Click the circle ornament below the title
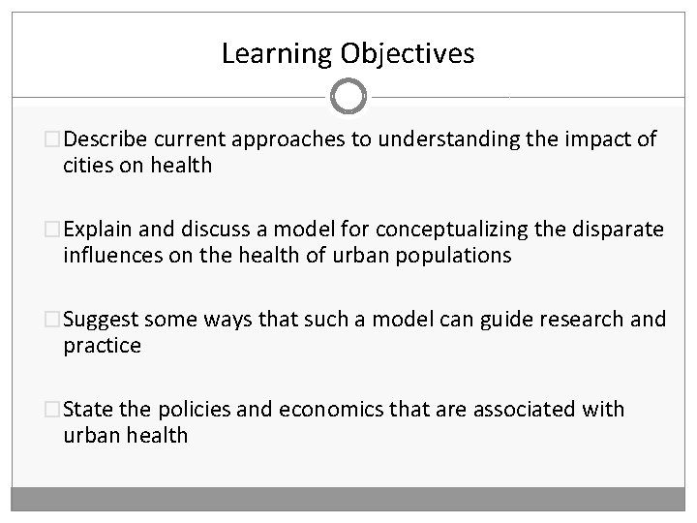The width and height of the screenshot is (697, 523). click(348, 97)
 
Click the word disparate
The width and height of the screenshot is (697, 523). click(621, 229)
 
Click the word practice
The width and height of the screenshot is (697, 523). click(102, 345)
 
